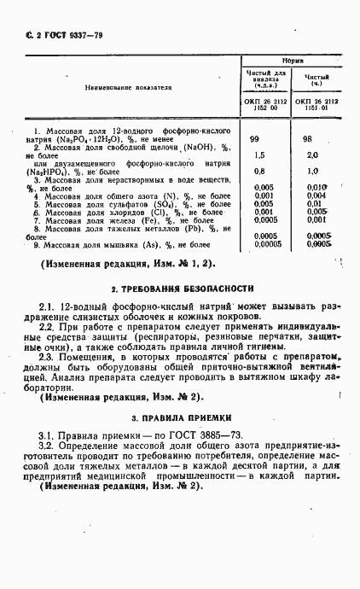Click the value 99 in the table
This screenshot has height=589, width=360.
pyautogui.click(x=254, y=137)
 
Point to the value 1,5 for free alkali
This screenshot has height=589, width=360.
pyautogui.click(x=259, y=155)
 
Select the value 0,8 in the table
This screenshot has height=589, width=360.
pyautogui.click(x=259, y=171)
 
